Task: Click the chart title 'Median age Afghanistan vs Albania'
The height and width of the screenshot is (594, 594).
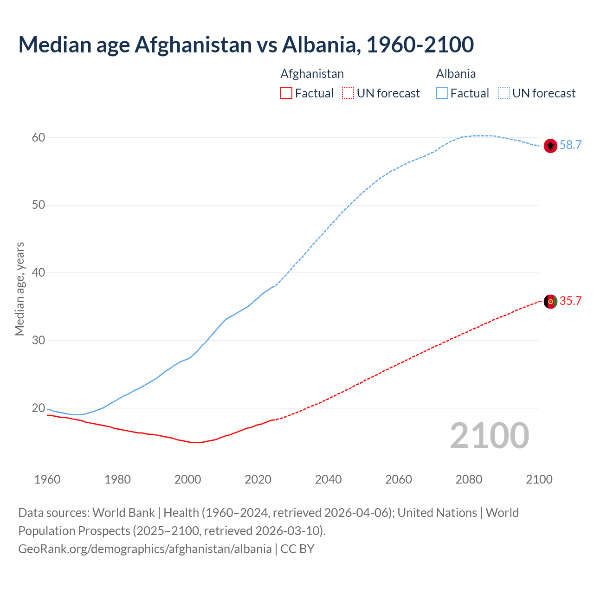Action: click(246, 45)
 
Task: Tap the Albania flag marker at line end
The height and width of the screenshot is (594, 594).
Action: click(550, 146)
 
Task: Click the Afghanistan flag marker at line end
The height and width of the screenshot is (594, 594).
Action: click(550, 301)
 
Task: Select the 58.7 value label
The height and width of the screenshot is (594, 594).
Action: click(570, 145)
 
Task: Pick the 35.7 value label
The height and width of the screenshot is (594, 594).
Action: click(570, 301)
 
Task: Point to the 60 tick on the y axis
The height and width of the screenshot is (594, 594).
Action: click(39, 137)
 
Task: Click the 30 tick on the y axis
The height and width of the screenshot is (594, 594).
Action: click(39, 340)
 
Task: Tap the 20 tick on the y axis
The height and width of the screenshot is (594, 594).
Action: click(39, 408)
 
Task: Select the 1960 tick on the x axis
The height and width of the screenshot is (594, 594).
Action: click(47, 479)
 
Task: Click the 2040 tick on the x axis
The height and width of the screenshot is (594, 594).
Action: click(328, 479)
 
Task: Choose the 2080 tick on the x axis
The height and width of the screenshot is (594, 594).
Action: click(469, 479)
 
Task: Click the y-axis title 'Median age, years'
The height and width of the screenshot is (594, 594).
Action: click(19, 289)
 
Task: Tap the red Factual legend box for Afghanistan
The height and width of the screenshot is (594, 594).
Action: click(286, 93)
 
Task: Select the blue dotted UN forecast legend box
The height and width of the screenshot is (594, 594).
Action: click(504, 93)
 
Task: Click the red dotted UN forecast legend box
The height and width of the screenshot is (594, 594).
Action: click(348, 93)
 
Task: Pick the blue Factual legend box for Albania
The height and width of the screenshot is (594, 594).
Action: click(442, 93)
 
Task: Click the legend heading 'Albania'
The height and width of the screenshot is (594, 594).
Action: click(456, 74)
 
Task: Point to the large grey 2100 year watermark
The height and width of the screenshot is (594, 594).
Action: click(490, 435)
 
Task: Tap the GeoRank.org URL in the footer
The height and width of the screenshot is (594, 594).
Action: click(145, 549)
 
